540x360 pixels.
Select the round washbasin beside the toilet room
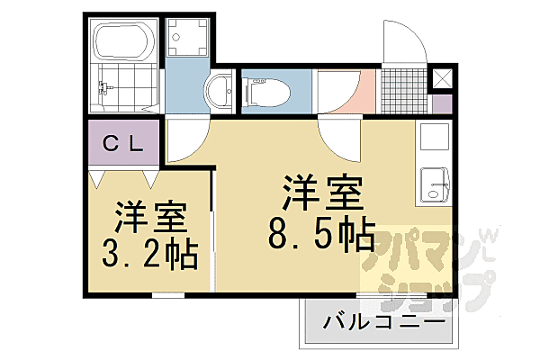coord(218,92)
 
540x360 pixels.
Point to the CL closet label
coord(124,143)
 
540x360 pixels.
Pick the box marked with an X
coord(441,79)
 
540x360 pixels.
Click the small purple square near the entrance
coord(441,103)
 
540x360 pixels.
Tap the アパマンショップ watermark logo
coord(423,265)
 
